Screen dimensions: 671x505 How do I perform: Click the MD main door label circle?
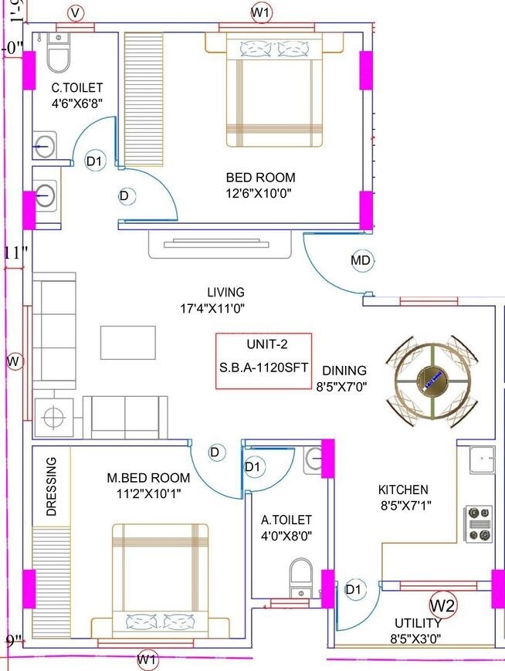click(361, 261)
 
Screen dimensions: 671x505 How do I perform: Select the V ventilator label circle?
click(75, 12)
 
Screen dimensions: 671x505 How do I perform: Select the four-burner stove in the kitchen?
click(478, 524)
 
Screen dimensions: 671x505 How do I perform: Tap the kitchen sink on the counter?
click(481, 459)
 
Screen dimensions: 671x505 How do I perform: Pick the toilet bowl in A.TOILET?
click(300, 576)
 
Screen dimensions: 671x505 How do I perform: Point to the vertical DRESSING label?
click(52, 486)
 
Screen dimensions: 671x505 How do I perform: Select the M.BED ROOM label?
click(148, 478)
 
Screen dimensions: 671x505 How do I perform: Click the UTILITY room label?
click(418, 623)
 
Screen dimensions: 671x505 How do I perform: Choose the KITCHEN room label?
click(402, 490)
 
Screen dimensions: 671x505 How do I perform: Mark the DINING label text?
click(344, 371)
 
